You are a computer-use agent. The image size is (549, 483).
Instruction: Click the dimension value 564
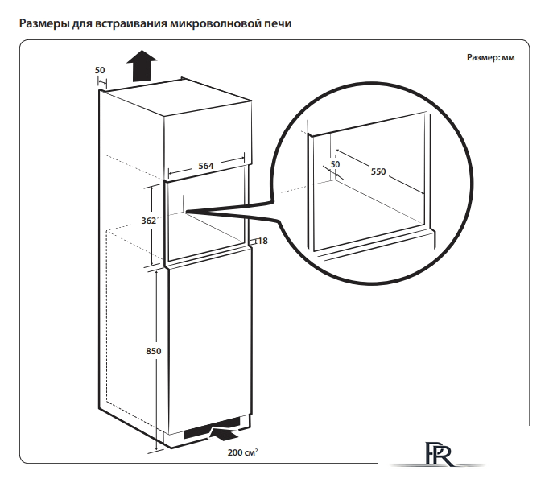point(205,166)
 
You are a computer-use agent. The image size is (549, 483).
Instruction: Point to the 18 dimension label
point(262,241)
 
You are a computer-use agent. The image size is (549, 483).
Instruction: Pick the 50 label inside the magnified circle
point(335,164)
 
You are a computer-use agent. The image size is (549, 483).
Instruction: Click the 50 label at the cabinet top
point(100,70)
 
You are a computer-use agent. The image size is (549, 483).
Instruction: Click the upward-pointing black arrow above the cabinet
point(142,64)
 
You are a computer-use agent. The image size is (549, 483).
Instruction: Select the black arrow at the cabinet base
point(221,435)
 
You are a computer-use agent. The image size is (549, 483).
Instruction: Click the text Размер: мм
point(490,59)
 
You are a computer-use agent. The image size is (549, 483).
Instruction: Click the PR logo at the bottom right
point(435,454)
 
